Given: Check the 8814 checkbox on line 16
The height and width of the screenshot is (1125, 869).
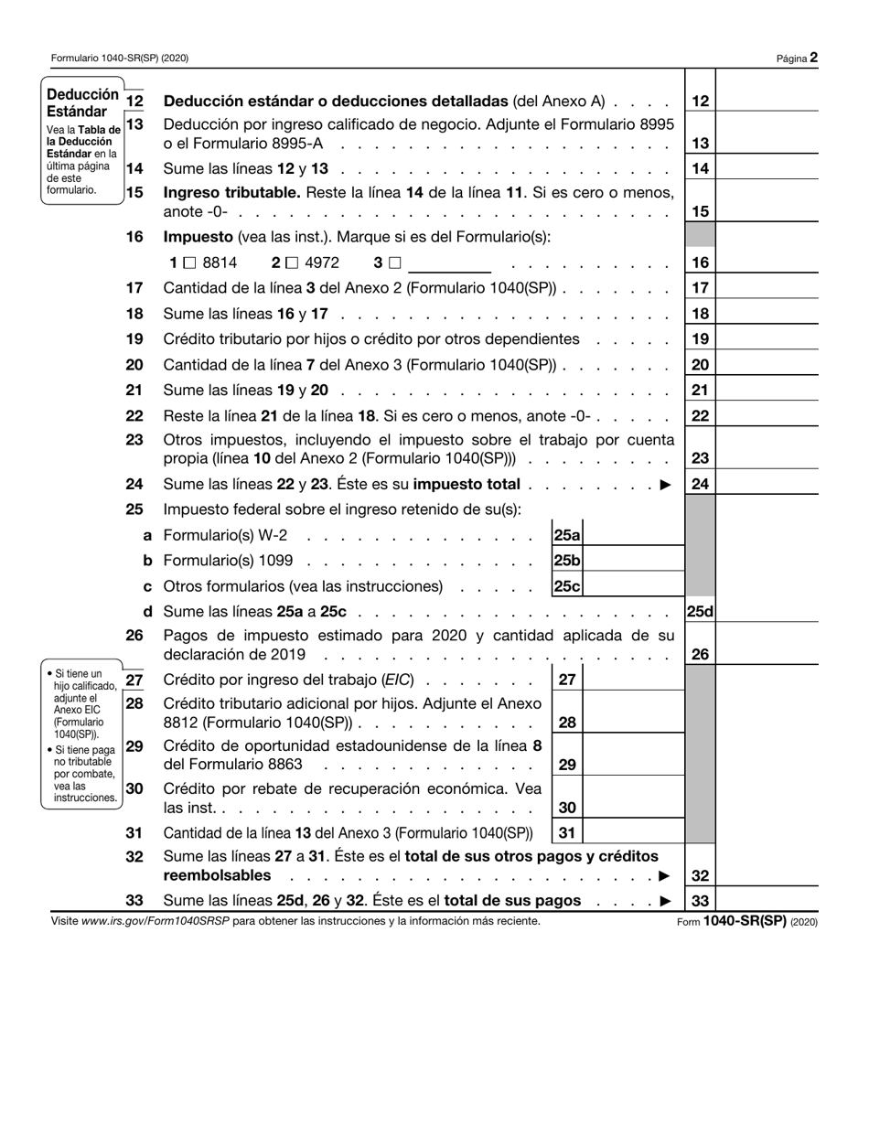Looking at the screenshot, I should (x=189, y=263).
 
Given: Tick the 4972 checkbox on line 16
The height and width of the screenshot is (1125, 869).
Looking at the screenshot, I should (x=291, y=263).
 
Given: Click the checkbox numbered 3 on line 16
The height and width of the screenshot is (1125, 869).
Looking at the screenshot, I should (x=394, y=263).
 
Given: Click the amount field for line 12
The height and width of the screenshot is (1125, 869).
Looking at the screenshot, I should (x=767, y=102).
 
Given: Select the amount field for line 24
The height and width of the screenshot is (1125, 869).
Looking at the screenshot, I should (x=767, y=485).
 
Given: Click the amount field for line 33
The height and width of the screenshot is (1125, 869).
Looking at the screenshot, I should (x=767, y=901).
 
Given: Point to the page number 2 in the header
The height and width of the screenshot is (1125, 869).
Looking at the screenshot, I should (x=813, y=58).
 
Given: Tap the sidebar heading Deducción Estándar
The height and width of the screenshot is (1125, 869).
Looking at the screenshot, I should (x=82, y=102).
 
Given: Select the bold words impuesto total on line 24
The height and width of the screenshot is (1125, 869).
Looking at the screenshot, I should (x=467, y=485).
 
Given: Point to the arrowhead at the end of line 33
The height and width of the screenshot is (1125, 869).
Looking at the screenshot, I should (x=665, y=901).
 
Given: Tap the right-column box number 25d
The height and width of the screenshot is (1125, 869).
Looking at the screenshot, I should (x=700, y=612).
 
